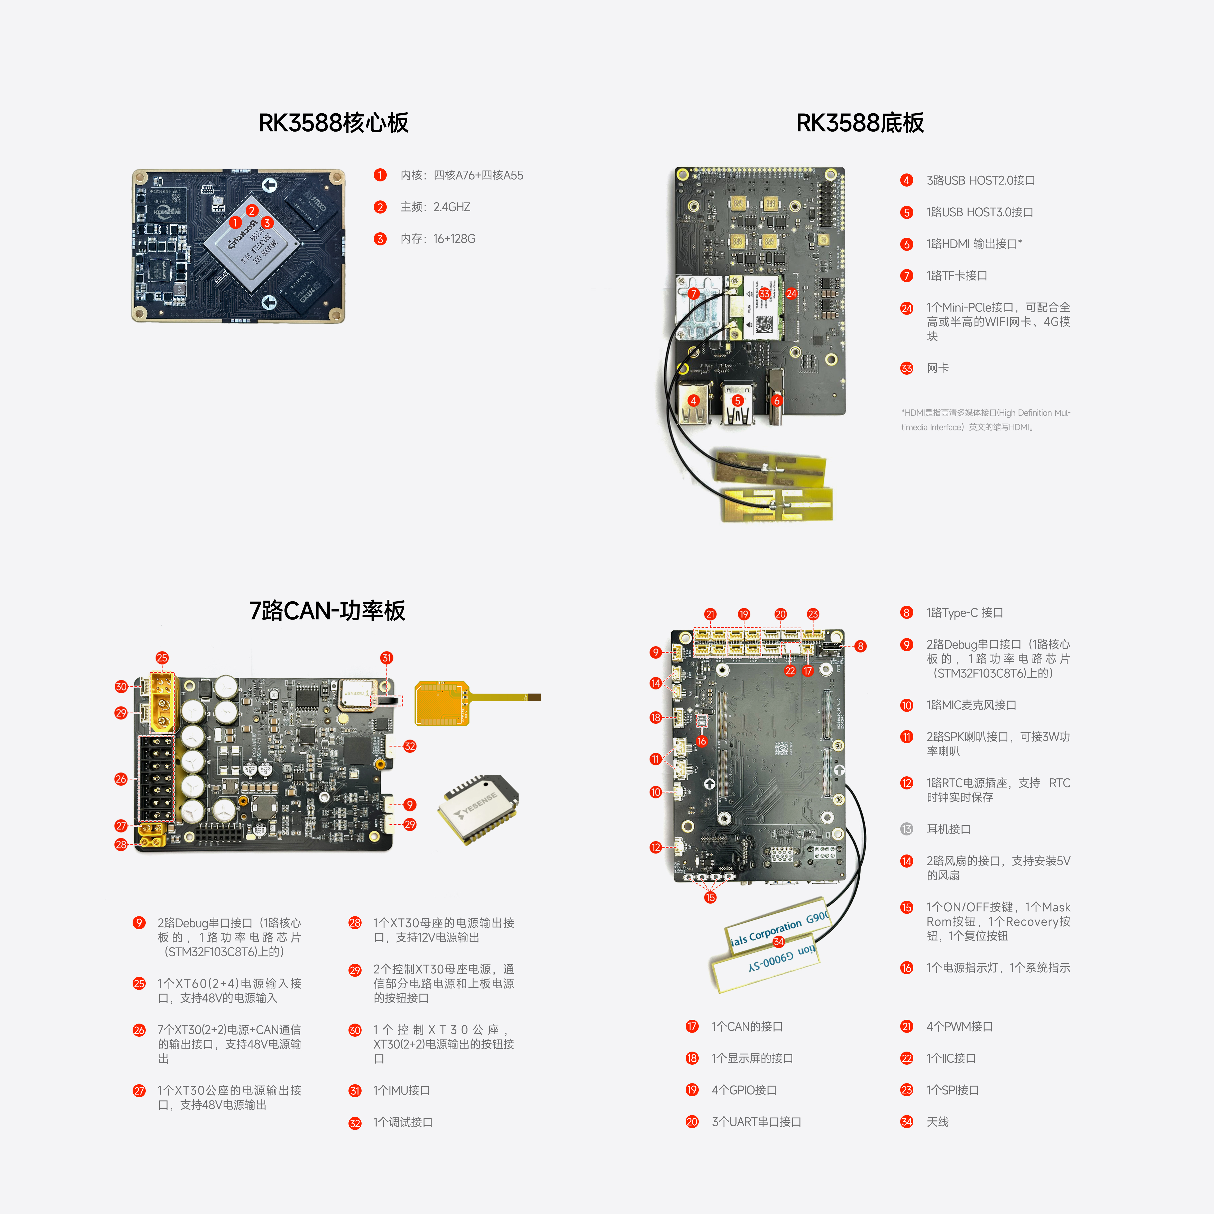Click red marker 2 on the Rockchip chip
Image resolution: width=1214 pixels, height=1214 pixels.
point(251,210)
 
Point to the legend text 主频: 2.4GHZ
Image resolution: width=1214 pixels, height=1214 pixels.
point(435,207)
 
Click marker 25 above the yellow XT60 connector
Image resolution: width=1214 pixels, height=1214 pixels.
point(162,658)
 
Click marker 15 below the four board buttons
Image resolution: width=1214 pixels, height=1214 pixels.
point(710,897)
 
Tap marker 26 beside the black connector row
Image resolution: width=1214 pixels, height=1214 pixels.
point(121,779)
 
